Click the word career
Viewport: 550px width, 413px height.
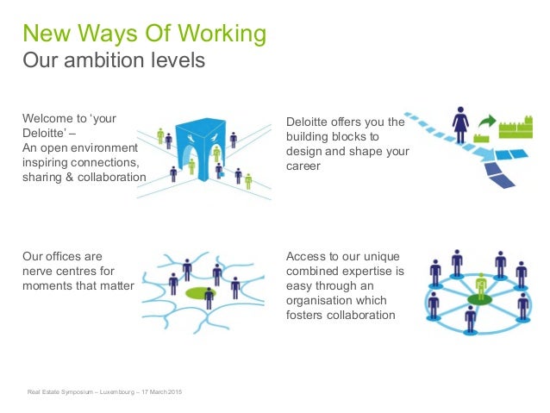[x=303, y=166]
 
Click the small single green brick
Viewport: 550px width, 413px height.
[x=482, y=137]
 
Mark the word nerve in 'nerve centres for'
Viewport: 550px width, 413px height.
[x=39, y=271]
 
